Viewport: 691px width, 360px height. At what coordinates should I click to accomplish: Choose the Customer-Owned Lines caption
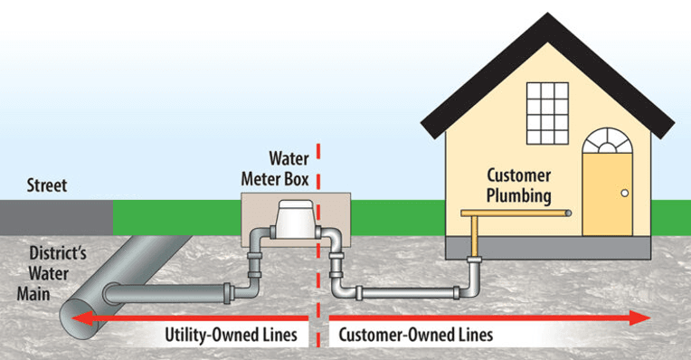tap(417, 335)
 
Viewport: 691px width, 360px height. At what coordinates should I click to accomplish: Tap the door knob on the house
tap(624, 193)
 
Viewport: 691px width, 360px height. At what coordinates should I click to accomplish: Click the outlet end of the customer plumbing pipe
tap(567, 213)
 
